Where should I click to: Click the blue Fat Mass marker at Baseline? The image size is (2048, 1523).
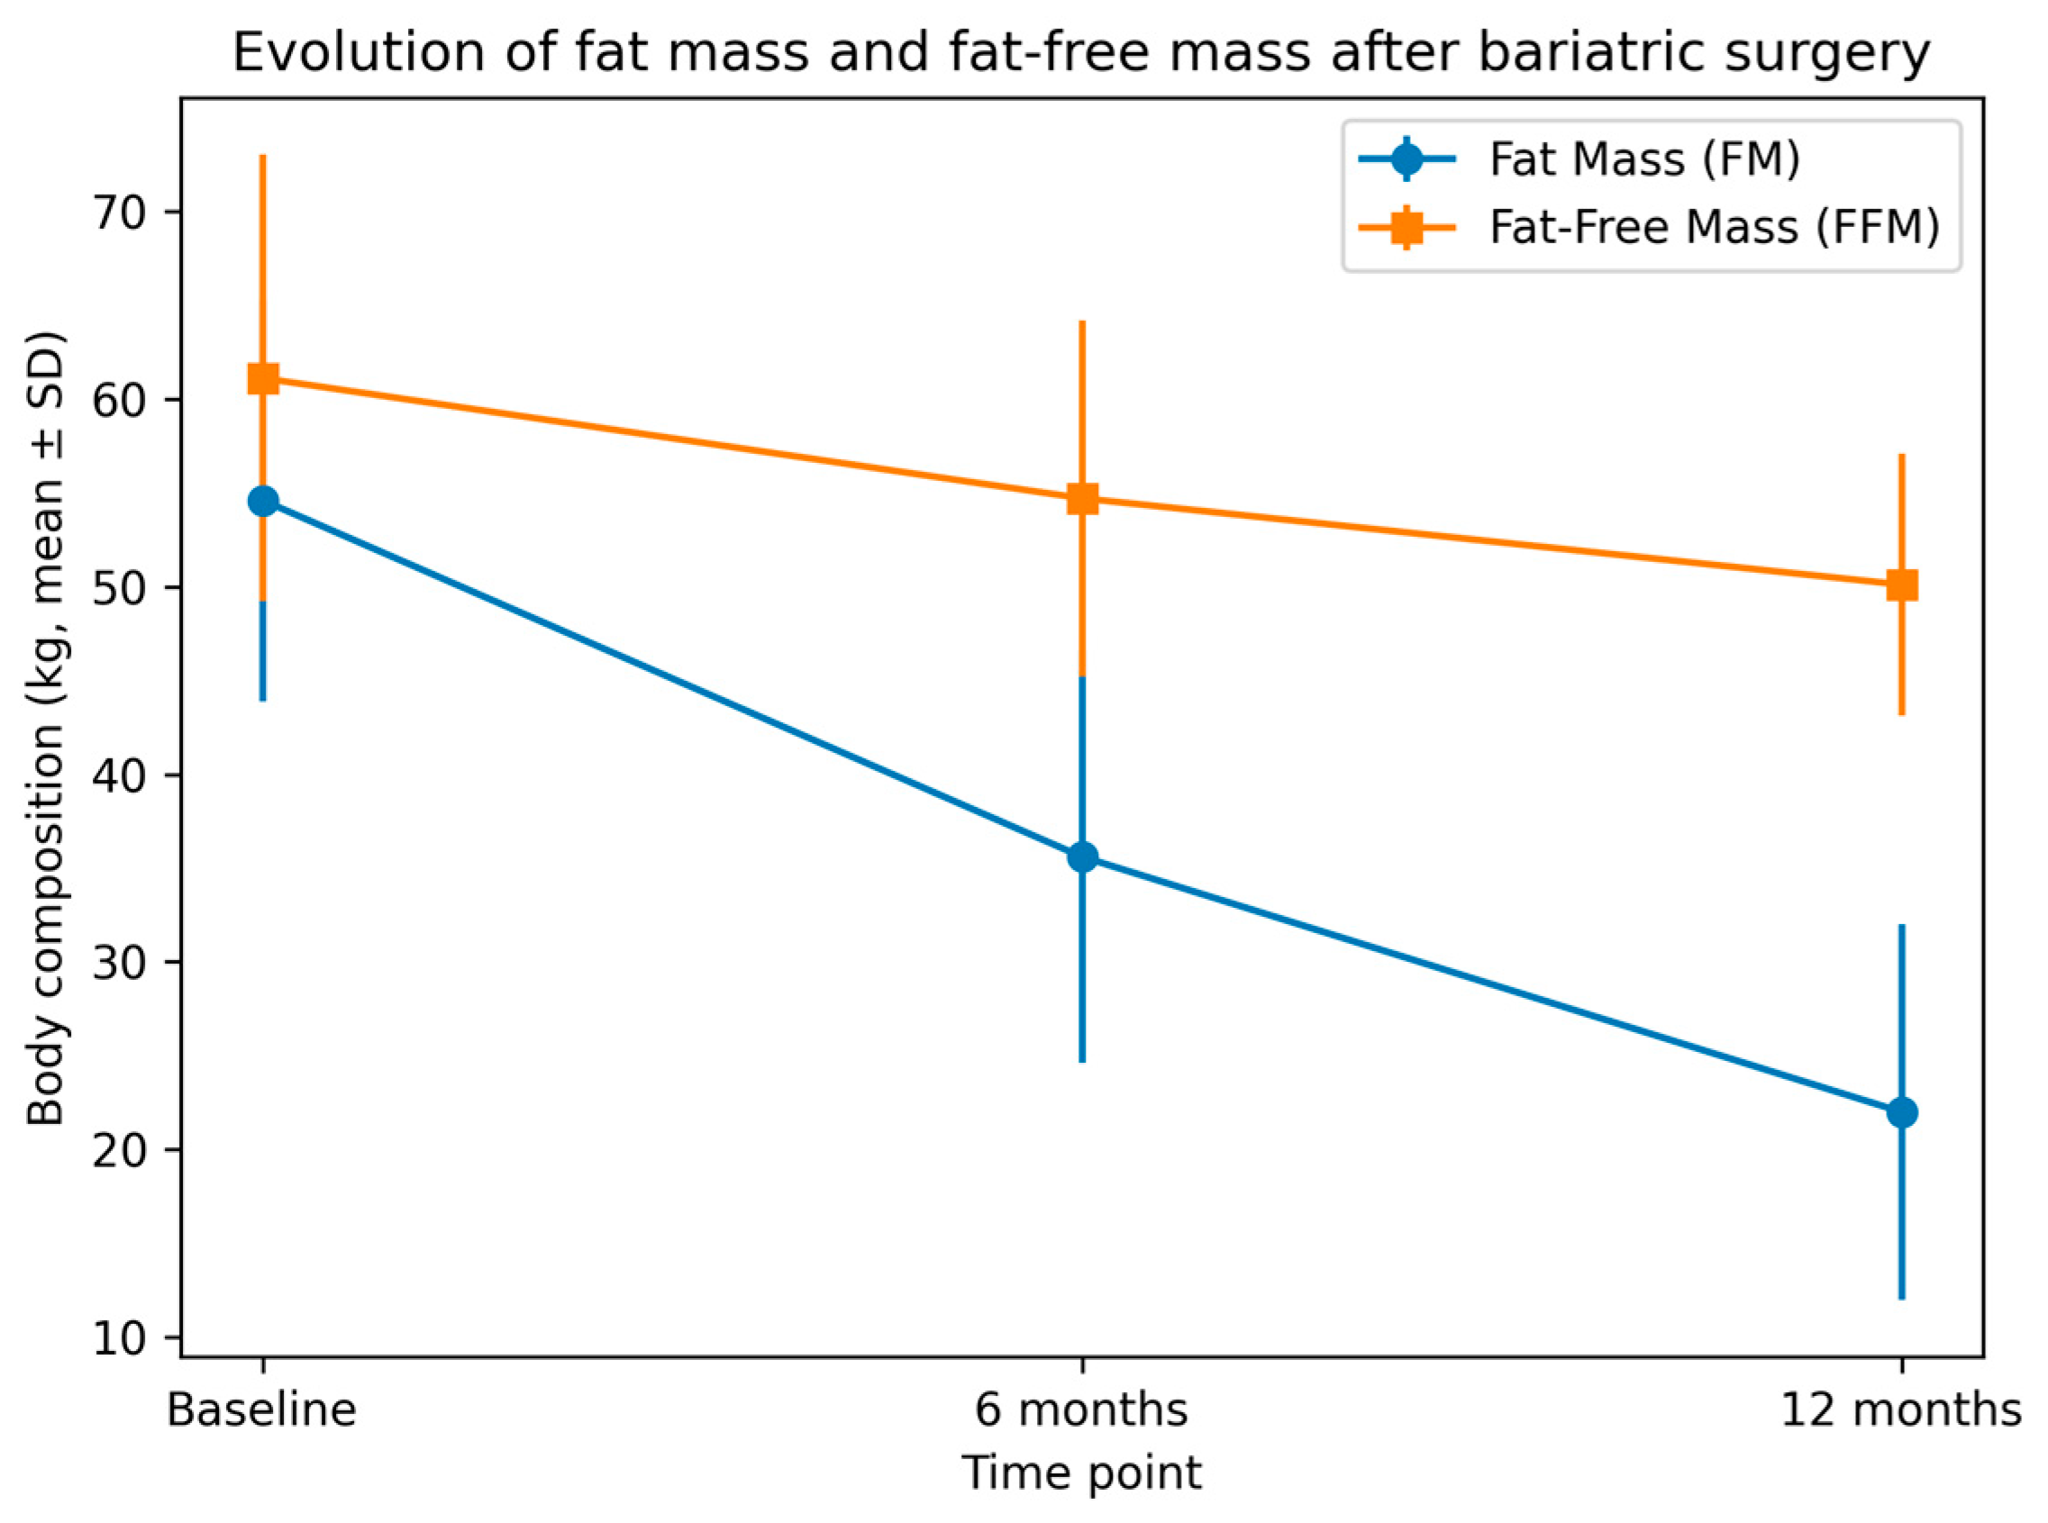(263, 502)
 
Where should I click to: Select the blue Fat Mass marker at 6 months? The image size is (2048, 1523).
(1081, 857)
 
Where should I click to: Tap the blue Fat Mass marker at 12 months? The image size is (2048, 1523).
(1901, 1111)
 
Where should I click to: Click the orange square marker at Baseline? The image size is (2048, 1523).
(263, 378)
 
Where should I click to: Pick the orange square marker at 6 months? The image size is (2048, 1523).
(1081, 499)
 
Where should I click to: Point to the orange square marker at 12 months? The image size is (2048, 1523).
(1901, 585)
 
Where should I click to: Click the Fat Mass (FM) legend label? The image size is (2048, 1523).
(1645, 159)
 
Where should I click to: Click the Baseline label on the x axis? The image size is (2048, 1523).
(262, 1410)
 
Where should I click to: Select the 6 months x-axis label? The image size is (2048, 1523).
(1081, 1410)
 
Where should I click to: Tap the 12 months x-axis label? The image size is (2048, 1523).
(1901, 1410)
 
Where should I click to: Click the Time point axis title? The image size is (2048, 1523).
(1081, 1473)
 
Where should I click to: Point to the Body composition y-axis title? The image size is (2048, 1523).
(46, 728)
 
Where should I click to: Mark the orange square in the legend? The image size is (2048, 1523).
(1406, 228)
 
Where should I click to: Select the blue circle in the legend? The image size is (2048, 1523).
(1406, 159)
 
